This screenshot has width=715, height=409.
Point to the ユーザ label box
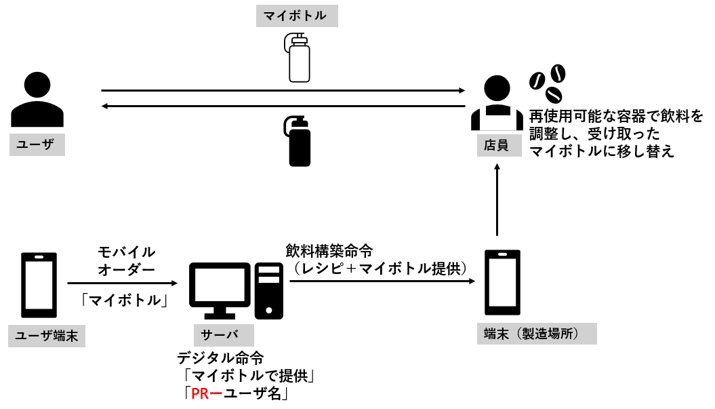37,144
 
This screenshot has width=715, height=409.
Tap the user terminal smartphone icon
39,285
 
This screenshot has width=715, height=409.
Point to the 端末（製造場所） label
536,334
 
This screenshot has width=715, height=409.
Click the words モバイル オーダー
127,260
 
